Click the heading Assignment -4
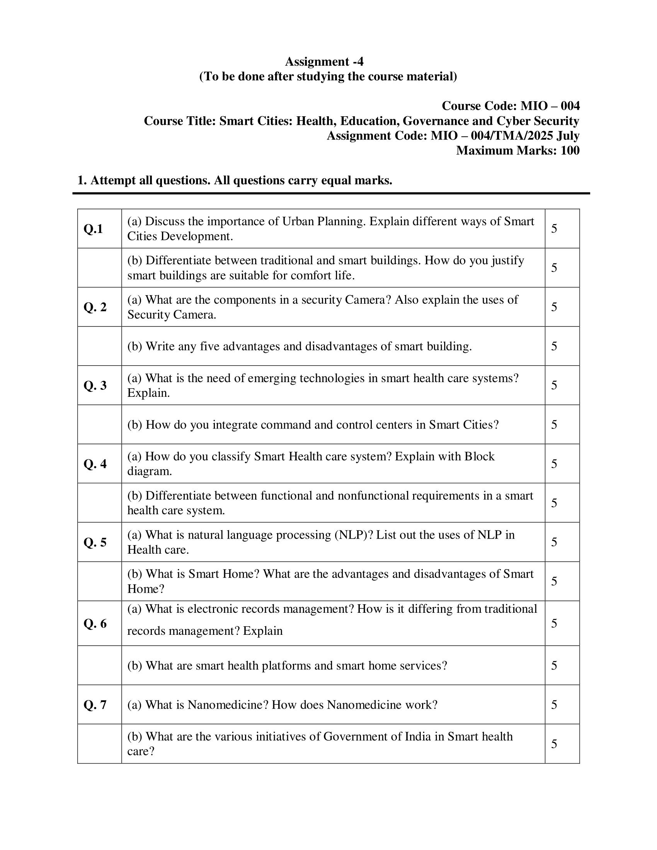pyautogui.click(x=324, y=61)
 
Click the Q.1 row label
pyautogui.click(x=94, y=228)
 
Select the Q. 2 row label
pyautogui.click(x=95, y=307)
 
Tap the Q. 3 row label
pyautogui.click(x=95, y=385)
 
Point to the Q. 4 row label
pyautogui.click(x=95, y=464)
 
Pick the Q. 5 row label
pyautogui.click(x=95, y=542)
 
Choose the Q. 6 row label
pyautogui.click(x=95, y=623)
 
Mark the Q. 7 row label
pyautogui.click(x=95, y=705)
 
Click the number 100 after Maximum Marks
pyautogui.click(x=570, y=150)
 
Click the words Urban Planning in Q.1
pyautogui.click(x=324, y=221)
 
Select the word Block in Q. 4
pyautogui.click(x=480, y=456)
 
